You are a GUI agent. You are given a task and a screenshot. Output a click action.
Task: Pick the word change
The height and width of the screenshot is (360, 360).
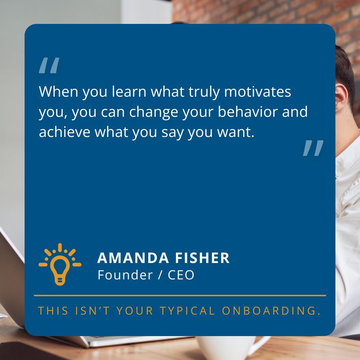[156, 113]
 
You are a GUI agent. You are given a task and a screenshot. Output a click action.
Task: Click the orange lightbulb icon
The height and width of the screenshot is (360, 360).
[60, 264]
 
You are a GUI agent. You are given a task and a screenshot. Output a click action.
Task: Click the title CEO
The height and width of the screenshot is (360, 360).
[181, 275]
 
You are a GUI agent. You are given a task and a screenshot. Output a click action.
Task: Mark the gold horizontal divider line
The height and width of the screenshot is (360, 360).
[180, 295]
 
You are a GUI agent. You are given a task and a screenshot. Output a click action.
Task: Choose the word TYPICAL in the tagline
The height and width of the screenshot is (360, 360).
[188, 311]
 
